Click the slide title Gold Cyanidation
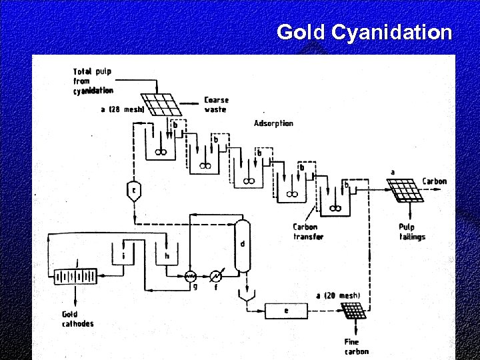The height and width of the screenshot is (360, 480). (x=364, y=31)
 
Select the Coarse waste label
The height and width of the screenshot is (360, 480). (x=217, y=105)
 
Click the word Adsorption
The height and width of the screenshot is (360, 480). (x=273, y=123)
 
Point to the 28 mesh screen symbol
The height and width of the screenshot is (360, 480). (x=163, y=105)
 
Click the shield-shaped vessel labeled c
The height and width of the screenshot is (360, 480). (x=134, y=190)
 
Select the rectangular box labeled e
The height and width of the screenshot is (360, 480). (x=285, y=310)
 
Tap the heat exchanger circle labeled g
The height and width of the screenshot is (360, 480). (x=190, y=276)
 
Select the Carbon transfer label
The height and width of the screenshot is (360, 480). (x=308, y=231)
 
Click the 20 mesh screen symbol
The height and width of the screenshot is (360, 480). (x=353, y=311)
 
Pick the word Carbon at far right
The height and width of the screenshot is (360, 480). (x=434, y=181)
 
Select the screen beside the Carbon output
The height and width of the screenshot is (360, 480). (x=405, y=191)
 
